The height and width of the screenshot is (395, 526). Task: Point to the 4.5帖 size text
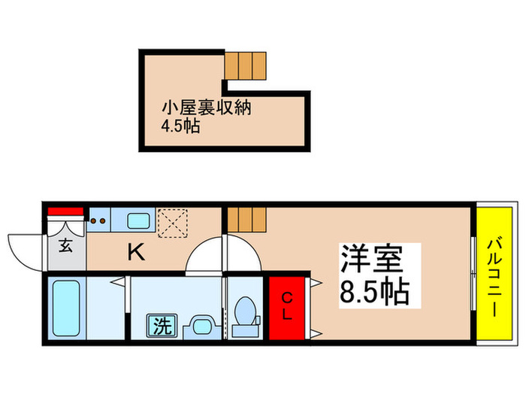point(180,126)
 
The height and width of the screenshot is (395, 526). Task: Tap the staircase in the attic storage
point(246,66)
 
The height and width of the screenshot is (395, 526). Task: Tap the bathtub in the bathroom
point(67,309)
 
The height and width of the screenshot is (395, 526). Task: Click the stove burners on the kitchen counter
point(98,221)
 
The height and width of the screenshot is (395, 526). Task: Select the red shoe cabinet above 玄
point(65,211)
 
